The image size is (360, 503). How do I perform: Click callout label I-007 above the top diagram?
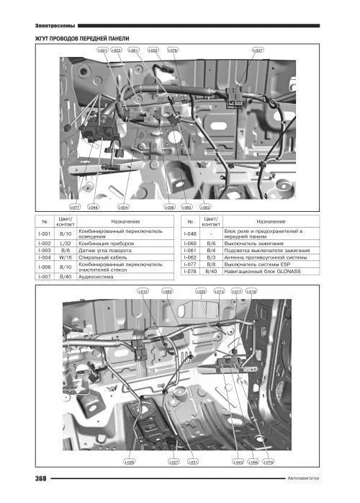tap(257, 50)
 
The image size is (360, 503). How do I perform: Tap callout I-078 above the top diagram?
tap(172, 50)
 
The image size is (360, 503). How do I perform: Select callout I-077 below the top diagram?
tap(75, 207)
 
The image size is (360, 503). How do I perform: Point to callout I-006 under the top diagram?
tap(170, 207)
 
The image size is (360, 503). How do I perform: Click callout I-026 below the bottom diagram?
tap(130, 461)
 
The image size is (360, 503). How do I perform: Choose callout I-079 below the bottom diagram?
tap(269, 461)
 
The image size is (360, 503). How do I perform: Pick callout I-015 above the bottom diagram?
tap(143, 291)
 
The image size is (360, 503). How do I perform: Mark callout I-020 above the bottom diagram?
tap(202, 291)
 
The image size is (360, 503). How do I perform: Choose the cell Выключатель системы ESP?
tap(258, 264)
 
